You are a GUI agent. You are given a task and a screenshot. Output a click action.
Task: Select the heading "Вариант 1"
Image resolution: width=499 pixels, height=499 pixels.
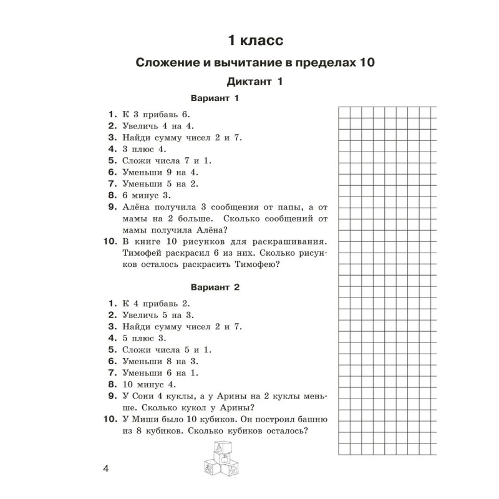[x=215, y=99]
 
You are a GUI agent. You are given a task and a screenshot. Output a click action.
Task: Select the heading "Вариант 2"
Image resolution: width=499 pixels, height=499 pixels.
[x=215, y=288]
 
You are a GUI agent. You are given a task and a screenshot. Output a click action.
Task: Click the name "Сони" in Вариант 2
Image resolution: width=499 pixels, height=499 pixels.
[x=145, y=397]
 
